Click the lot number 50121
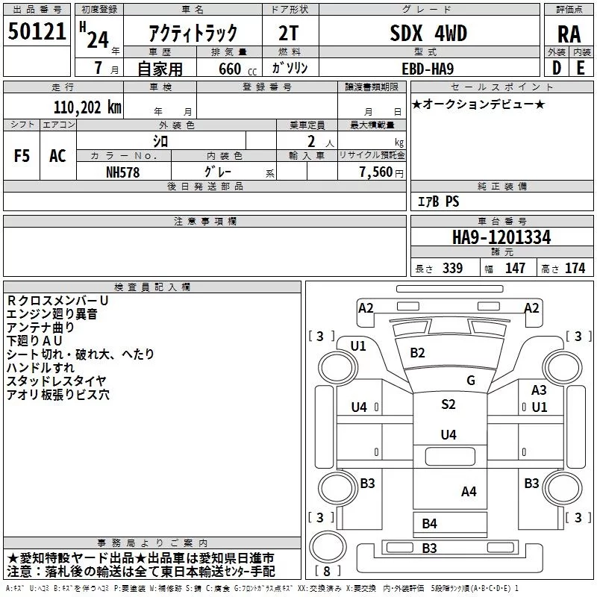[x=37, y=31]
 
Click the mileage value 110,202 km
[x=87, y=107]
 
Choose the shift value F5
[x=22, y=155]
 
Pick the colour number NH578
[x=123, y=172]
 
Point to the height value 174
[x=575, y=269]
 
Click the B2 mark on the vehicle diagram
[x=417, y=352]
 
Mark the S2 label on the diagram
[x=448, y=404]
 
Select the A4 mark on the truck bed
[x=469, y=491]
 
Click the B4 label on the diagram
[x=429, y=524]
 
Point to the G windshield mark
[x=471, y=380]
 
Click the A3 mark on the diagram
[x=539, y=390]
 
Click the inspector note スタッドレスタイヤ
[x=57, y=381]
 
